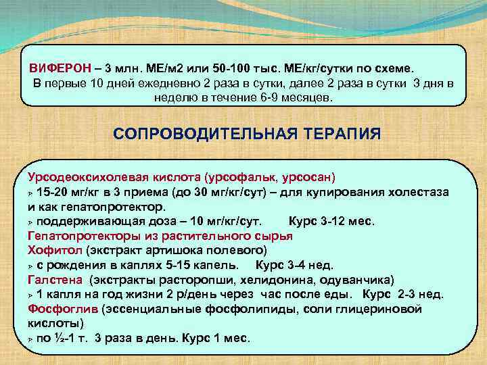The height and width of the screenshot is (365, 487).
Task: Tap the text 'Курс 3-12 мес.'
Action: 331,221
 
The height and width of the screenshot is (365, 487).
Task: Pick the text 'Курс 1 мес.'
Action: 216,338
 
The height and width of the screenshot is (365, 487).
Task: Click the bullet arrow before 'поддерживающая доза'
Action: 30,222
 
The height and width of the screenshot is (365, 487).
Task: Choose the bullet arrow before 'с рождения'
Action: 30,266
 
